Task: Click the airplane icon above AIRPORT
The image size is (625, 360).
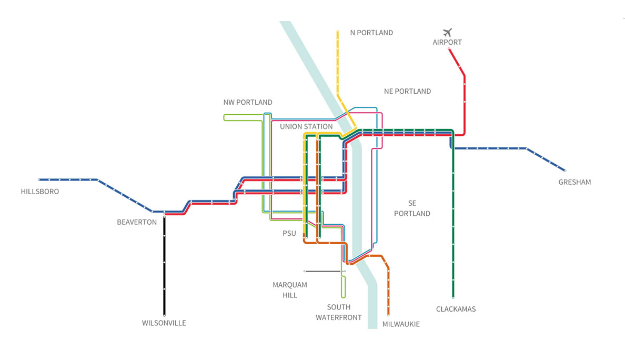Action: pos(448,32)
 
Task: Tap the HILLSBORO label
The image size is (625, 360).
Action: pos(40,192)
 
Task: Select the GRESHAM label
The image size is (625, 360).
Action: pos(574,182)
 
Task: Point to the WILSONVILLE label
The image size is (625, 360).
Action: pos(164,323)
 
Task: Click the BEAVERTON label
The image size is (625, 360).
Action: pos(137,222)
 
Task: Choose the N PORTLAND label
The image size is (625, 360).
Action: pos(371,33)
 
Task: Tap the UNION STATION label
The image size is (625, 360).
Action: pos(306,126)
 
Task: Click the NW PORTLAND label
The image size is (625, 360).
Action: pos(248,102)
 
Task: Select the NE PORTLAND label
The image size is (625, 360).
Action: pos(407,91)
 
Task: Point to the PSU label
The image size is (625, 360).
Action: pos(289,233)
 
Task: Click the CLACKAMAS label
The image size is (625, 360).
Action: pos(456,309)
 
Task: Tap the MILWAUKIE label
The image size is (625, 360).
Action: pos(401,324)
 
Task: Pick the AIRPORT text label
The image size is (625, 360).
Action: pos(447,42)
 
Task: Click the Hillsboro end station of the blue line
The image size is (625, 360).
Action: pos(39,179)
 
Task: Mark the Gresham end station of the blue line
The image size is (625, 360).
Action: pos(564,171)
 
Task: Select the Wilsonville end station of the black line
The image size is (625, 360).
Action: pos(164,315)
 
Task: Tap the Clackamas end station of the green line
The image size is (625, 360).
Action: pos(453,297)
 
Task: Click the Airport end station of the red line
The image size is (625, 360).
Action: pos(449,49)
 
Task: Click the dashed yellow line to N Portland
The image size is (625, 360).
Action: pos(337,63)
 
